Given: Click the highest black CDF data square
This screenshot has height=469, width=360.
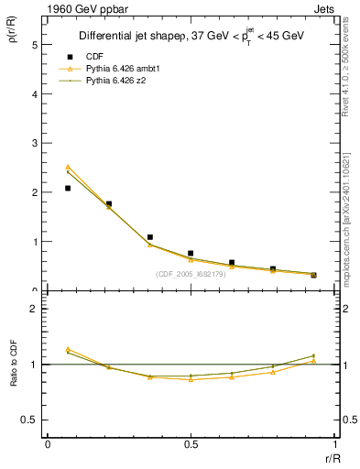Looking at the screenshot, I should click(x=68, y=188).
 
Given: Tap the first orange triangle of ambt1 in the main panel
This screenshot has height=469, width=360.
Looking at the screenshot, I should click(x=68, y=167).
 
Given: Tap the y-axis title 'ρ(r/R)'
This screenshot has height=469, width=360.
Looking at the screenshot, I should click(x=12, y=36).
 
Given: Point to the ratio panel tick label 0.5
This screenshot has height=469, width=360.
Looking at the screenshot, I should click(x=29, y=420).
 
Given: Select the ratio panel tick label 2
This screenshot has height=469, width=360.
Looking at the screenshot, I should click(x=35, y=309).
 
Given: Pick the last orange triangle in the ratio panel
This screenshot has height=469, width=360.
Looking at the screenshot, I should click(x=313, y=361).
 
